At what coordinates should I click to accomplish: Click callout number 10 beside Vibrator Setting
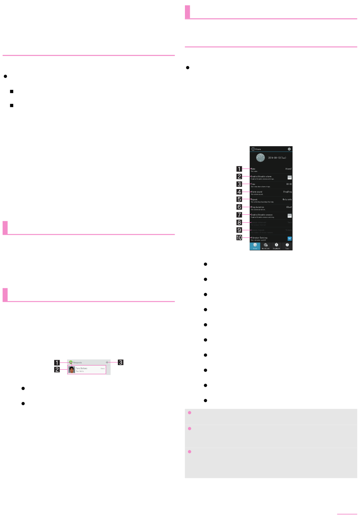239,238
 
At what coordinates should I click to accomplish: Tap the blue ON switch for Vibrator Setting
290,239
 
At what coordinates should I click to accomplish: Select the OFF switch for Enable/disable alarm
290,177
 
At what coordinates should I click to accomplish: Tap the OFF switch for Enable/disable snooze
290,216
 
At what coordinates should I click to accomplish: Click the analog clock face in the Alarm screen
261,158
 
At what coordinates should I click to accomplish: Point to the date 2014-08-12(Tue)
277,158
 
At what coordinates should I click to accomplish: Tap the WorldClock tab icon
266,246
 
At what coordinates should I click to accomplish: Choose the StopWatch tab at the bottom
276,246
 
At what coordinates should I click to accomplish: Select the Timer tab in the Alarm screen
287,246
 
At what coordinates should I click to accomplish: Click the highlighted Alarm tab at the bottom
255,246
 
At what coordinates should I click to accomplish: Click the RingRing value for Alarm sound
287,192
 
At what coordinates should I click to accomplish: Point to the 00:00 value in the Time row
289,184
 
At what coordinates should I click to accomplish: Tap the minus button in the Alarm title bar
290,149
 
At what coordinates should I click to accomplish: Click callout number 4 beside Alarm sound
239,192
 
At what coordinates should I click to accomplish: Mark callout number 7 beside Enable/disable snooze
239,215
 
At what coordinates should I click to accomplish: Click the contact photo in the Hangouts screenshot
72,370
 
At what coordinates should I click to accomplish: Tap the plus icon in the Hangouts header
107,362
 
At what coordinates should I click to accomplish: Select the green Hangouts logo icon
70,362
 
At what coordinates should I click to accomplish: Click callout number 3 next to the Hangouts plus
121,362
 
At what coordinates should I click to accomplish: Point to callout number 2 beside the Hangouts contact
57,370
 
